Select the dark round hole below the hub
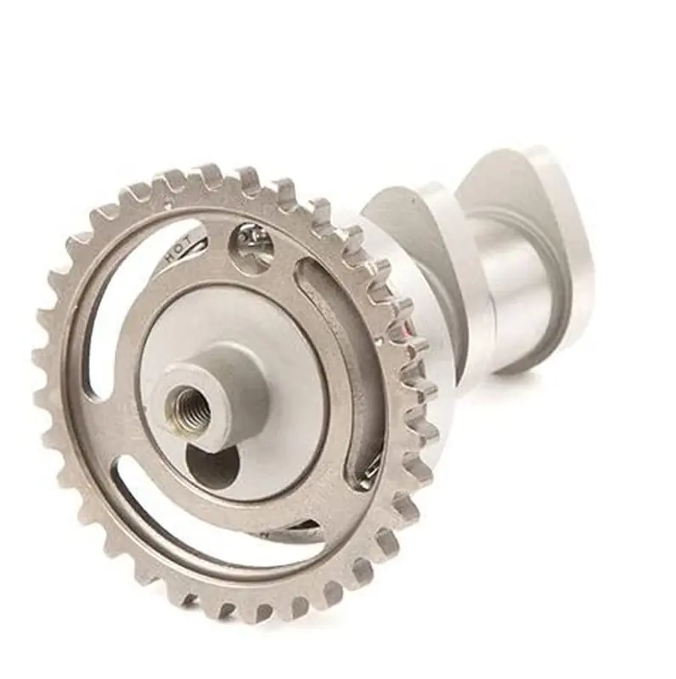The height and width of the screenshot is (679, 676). point(212,465)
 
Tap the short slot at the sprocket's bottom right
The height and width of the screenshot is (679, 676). point(293,531)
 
